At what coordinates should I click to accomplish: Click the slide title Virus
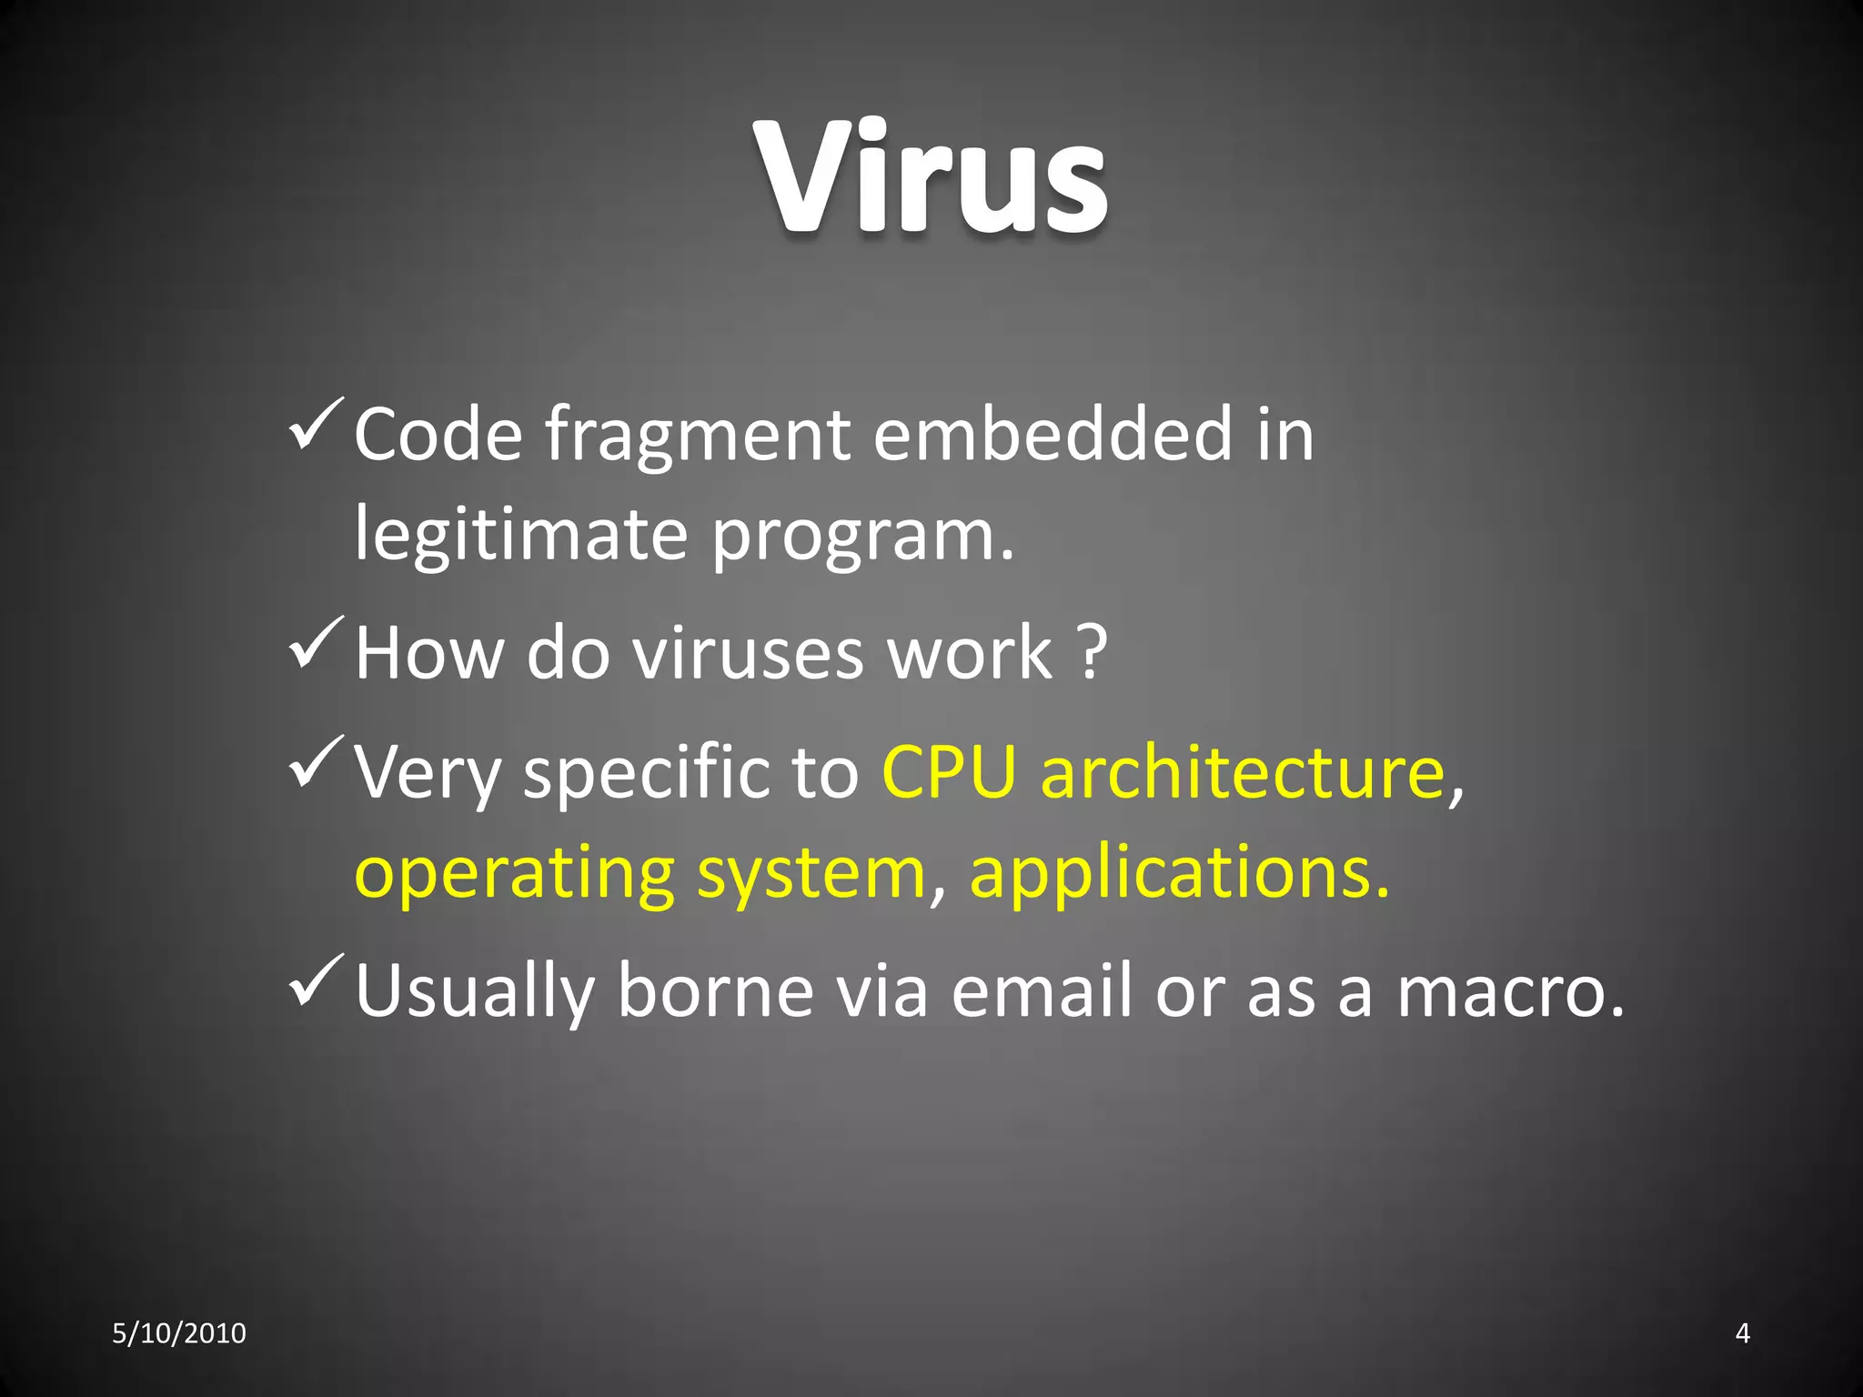point(931,177)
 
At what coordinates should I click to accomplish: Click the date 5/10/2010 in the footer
point(179,1333)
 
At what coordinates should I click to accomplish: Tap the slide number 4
point(1743,1333)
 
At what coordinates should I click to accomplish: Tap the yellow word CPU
point(949,773)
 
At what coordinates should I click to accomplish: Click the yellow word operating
point(514,875)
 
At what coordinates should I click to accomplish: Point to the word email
point(1041,991)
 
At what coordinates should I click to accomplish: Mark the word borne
point(715,991)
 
